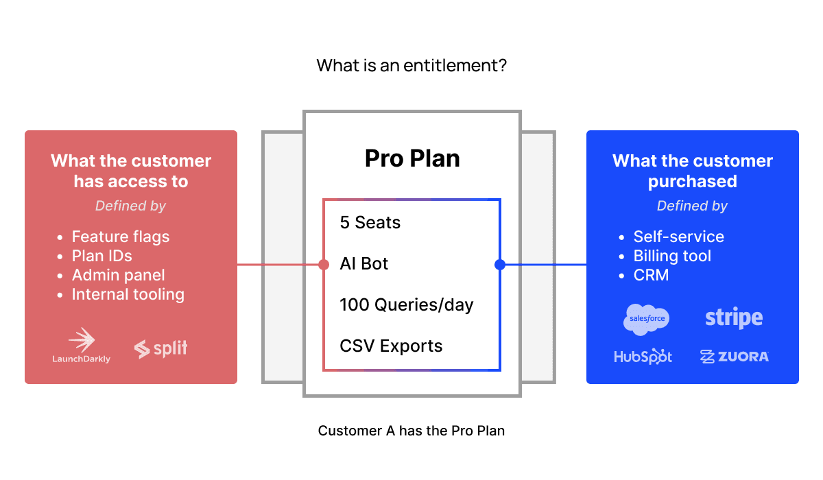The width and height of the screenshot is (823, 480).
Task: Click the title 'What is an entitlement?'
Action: pyautogui.click(x=411, y=67)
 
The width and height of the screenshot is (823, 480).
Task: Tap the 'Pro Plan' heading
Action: pyautogui.click(x=411, y=159)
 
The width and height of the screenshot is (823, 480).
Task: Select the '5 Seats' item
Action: pyautogui.click(x=370, y=223)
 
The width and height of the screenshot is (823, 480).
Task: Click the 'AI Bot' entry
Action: pyautogui.click(x=363, y=264)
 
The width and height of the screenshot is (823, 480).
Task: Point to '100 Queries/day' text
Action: pyautogui.click(x=406, y=305)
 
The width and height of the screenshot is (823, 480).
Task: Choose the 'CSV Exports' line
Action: pyautogui.click(x=391, y=346)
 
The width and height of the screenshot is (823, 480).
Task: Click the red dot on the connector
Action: pyautogui.click(x=324, y=265)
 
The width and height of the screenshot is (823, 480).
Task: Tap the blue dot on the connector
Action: pyautogui.click(x=500, y=265)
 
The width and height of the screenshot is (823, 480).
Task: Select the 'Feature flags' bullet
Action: pyautogui.click(x=120, y=237)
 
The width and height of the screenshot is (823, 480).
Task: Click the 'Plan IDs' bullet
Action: pyautogui.click(x=102, y=256)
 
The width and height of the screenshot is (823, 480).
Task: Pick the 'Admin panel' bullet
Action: pyautogui.click(x=118, y=276)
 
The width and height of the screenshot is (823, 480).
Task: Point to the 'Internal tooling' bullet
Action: pyautogui.click(x=128, y=295)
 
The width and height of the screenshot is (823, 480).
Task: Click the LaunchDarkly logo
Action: pyautogui.click(x=81, y=345)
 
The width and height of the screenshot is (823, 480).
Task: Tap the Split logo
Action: pyautogui.click(x=160, y=348)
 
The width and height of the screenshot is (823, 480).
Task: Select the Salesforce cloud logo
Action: pyautogui.click(x=646, y=319)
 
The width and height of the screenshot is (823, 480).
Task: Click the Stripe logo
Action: pyautogui.click(x=734, y=318)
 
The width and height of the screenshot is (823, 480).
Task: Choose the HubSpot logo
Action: pyautogui.click(x=643, y=357)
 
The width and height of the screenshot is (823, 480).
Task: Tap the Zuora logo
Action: pyautogui.click(x=734, y=357)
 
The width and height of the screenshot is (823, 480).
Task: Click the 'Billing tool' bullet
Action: pyautogui.click(x=672, y=256)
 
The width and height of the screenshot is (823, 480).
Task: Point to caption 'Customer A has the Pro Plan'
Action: pyautogui.click(x=411, y=431)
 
